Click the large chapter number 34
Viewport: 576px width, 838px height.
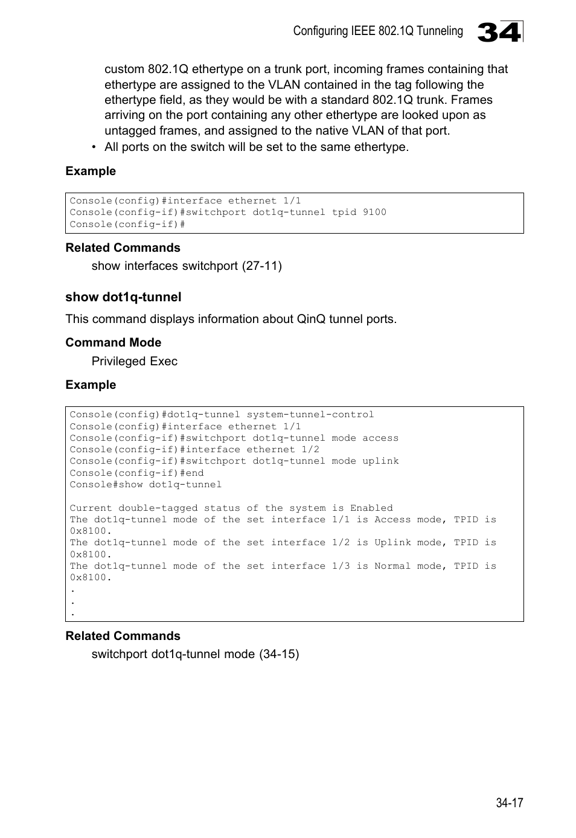(x=499, y=32)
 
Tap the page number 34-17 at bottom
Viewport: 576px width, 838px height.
(x=509, y=802)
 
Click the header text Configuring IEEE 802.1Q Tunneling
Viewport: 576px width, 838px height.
(x=378, y=31)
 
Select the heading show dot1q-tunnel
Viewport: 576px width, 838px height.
(x=123, y=297)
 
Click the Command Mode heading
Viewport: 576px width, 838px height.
(x=113, y=343)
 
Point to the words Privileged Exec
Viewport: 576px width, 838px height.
(x=134, y=361)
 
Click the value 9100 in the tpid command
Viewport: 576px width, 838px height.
(x=374, y=213)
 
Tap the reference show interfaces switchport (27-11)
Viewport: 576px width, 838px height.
(x=187, y=266)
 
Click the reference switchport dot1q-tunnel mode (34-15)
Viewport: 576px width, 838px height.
(x=195, y=654)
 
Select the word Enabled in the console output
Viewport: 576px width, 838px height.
(x=371, y=508)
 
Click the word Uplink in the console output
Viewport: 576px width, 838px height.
(x=392, y=543)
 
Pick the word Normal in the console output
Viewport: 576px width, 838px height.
(x=392, y=566)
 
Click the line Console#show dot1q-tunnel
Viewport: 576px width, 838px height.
(x=146, y=485)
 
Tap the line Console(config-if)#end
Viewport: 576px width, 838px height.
(x=136, y=473)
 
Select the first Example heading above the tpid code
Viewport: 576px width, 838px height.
(x=91, y=171)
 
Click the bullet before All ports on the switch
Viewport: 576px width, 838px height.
(x=94, y=147)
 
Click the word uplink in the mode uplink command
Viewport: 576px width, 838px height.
(x=380, y=461)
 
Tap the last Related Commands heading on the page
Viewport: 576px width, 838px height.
(x=123, y=636)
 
